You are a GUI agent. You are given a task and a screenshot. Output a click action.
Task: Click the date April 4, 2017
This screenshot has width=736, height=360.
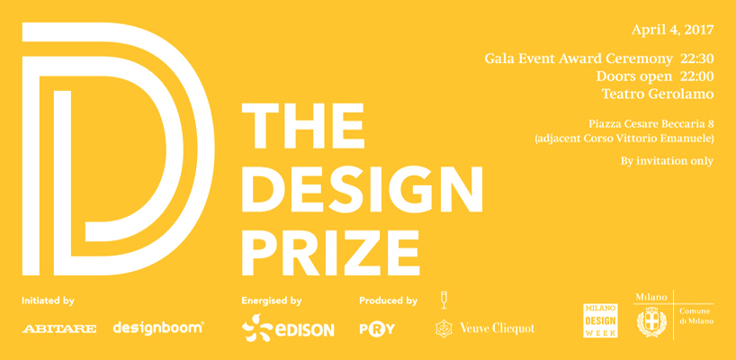[671, 30]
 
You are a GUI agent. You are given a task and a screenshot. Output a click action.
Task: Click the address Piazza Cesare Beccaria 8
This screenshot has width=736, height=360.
[651, 123]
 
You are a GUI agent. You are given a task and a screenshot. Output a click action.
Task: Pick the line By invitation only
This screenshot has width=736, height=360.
[667, 161]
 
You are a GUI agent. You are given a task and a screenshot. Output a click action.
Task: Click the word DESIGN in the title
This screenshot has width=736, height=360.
[363, 185]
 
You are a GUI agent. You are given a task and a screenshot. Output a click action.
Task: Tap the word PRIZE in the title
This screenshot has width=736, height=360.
[331, 240]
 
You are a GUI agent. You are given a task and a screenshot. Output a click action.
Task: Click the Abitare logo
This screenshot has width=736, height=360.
[59, 329]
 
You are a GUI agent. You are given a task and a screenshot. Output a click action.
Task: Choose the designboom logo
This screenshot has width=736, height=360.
[158, 328]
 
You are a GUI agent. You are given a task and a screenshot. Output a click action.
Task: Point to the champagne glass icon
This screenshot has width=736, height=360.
[443, 300]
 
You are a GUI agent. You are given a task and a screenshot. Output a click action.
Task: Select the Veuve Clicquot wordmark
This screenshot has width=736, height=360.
[497, 328]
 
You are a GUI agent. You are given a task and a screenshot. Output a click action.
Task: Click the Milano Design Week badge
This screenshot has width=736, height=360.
[600, 320]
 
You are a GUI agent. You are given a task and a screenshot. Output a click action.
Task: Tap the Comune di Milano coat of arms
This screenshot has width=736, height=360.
[651, 321]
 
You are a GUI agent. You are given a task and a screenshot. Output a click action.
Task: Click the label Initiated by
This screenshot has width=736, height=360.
[48, 301]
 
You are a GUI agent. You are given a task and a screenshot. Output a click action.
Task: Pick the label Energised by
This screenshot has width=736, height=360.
[271, 301]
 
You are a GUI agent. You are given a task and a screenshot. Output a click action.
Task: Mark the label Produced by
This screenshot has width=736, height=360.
[388, 301]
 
